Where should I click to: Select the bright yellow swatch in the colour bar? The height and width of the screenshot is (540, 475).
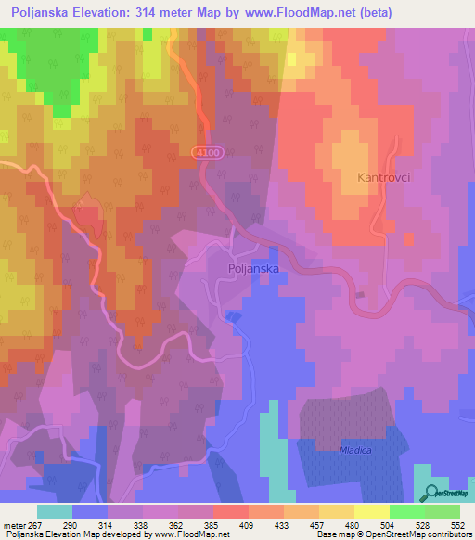pos(371,512)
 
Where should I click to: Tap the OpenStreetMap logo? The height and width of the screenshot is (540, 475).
pos(446,493)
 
